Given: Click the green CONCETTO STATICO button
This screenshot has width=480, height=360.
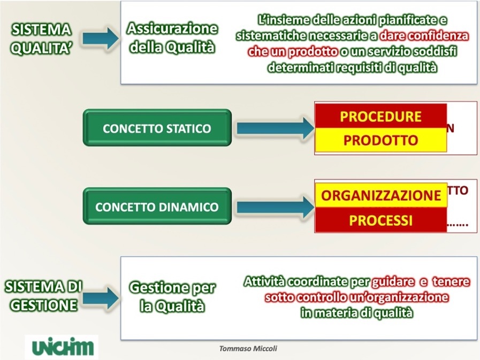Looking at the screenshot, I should [157, 128].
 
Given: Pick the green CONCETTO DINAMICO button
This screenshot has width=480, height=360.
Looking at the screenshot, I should [157, 206].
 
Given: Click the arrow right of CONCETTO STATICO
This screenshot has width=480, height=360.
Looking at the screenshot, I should [274, 128].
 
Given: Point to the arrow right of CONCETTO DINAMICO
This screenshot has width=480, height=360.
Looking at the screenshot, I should [274, 206].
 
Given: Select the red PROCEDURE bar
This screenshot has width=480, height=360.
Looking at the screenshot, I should [380, 117].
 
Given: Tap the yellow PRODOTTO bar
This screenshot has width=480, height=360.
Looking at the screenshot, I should [380, 140].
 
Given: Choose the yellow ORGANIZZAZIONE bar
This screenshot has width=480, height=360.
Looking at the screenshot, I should [380, 195].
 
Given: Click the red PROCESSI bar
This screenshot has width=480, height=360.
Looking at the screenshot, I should [380, 220].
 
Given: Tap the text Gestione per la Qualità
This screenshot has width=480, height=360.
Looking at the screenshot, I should [172, 297].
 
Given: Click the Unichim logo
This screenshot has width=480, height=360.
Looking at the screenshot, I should [62, 347].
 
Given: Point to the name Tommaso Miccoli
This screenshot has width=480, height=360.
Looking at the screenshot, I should [248, 348].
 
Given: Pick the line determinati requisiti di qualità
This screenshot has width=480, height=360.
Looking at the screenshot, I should [353, 68].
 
